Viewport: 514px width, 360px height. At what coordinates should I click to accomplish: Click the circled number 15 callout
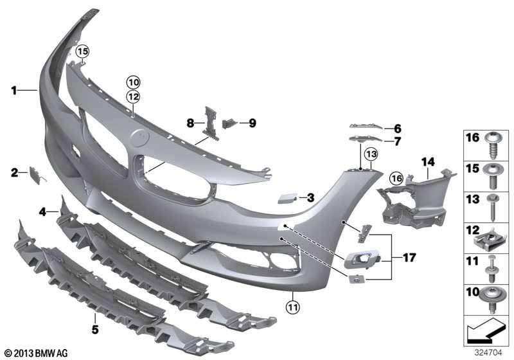point(82,51)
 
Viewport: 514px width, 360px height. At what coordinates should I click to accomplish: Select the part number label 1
point(13,91)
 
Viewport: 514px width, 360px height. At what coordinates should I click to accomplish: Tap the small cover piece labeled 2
point(35,175)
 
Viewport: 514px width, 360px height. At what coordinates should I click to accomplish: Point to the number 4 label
point(42,212)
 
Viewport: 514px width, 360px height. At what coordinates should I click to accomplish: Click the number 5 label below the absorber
point(95,329)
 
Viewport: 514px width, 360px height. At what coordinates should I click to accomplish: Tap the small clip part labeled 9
point(230,123)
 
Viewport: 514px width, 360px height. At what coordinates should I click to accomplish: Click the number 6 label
point(397,129)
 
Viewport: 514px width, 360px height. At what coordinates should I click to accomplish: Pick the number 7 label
point(397,141)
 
